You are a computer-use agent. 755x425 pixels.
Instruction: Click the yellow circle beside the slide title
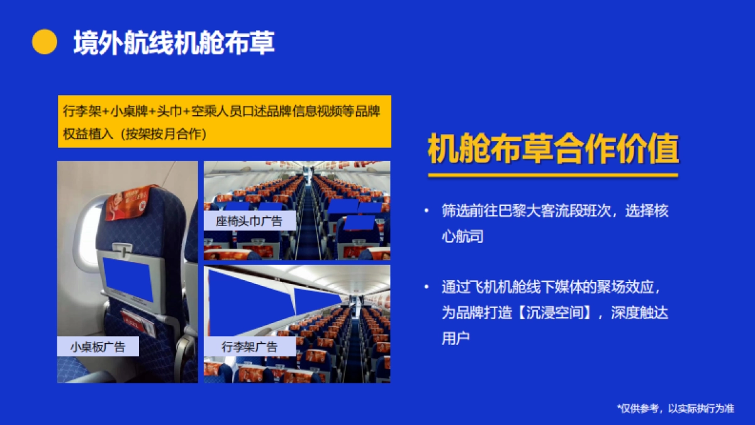click(x=45, y=42)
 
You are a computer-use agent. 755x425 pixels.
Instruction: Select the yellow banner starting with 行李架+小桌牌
click(x=224, y=122)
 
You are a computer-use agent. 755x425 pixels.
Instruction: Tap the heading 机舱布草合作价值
click(x=553, y=150)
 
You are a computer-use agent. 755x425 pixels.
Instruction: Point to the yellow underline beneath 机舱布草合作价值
click(x=553, y=175)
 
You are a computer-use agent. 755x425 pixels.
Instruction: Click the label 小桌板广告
click(x=98, y=347)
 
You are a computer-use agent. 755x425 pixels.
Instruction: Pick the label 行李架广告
click(x=250, y=347)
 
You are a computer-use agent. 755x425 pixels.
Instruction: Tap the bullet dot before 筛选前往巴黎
click(x=427, y=211)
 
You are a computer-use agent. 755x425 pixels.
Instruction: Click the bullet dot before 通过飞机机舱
click(x=427, y=288)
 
